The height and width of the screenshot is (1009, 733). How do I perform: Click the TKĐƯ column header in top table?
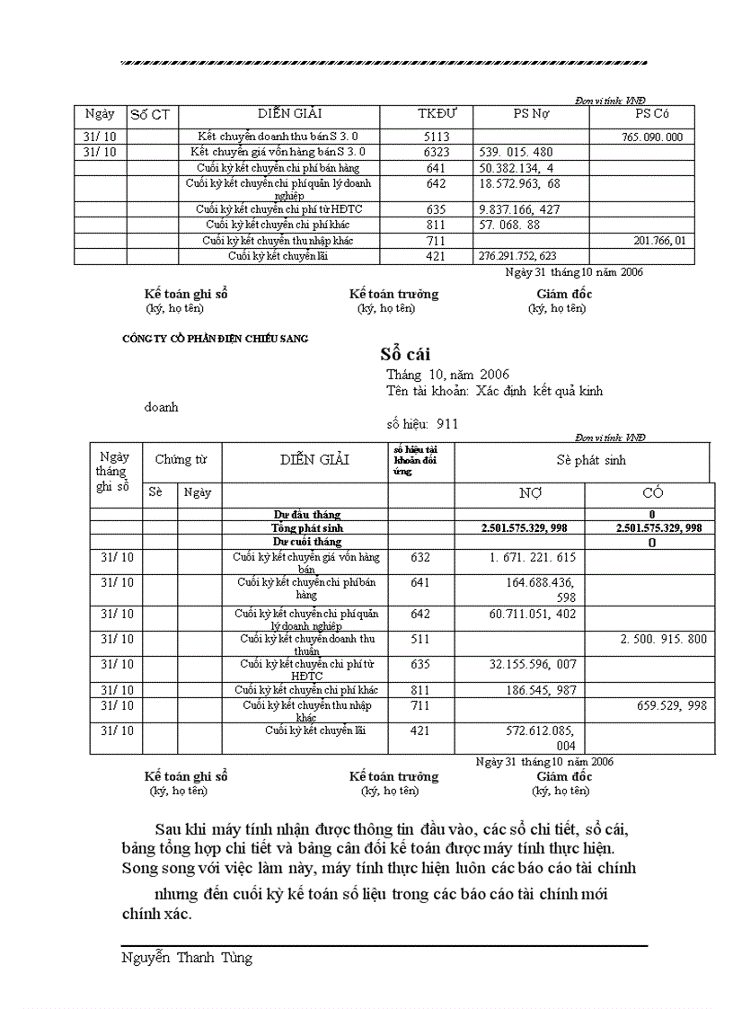point(437,114)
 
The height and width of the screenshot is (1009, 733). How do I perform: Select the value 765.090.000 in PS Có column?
point(651,137)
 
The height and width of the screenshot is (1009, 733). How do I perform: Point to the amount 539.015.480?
point(517,153)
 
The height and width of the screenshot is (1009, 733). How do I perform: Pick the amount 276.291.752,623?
point(517,256)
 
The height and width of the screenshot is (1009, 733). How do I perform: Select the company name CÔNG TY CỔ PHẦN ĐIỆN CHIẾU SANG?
point(215,339)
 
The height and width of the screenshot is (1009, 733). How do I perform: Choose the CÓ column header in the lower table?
point(652,493)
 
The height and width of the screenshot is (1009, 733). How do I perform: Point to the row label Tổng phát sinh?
point(306,528)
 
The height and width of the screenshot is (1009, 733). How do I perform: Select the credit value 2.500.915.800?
point(664,639)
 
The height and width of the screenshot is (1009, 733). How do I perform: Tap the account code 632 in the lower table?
point(420,558)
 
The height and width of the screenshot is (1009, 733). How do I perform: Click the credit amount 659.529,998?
point(672,706)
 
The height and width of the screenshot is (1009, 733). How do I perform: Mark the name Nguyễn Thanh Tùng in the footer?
point(187,958)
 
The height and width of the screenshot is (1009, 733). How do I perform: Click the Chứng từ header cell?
point(181,460)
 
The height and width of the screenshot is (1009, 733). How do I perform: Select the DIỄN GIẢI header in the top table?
point(289,114)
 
